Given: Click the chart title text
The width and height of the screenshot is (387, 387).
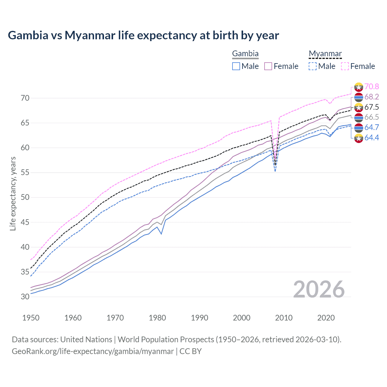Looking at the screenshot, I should click(x=143, y=35).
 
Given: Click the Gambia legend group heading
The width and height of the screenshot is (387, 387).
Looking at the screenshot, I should click(x=245, y=54).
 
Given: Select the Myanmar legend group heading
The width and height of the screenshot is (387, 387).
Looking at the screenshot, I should click(x=325, y=54).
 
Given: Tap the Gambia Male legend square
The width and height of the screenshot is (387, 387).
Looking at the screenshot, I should click(x=236, y=66).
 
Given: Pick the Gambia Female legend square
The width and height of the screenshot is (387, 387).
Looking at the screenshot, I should click(x=268, y=66).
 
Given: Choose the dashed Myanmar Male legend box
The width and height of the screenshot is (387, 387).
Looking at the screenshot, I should click(x=313, y=66).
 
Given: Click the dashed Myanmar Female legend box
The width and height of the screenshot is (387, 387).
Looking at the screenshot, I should click(x=345, y=66).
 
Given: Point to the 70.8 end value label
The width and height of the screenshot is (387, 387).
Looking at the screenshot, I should click(x=372, y=87).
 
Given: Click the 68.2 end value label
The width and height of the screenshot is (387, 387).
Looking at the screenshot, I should click(x=372, y=97).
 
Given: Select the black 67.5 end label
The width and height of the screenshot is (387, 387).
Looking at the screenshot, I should click(x=372, y=107).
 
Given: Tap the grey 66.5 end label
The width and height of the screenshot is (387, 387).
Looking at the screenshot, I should click(x=372, y=117).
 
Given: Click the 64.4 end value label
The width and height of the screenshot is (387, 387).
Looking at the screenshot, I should click(x=372, y=138).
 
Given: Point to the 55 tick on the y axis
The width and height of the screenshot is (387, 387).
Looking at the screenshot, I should click(x=25, y=173).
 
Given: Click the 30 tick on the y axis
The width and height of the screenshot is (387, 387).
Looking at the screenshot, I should click(x=25, y=297).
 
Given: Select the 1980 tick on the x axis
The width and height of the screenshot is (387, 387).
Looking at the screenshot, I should click(x=157, y=318).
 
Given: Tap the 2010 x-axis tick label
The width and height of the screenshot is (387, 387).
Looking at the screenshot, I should click(x=284, y=318).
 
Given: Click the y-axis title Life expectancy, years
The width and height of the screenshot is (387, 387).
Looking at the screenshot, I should click(x=13, y=193).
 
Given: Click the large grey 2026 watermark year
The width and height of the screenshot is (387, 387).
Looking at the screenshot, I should click(x=319, y=289).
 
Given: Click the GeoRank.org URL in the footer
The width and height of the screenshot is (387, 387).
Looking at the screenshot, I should click(x=93, y=351).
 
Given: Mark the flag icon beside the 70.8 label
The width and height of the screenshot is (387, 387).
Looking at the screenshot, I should click(x=359, y=87).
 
